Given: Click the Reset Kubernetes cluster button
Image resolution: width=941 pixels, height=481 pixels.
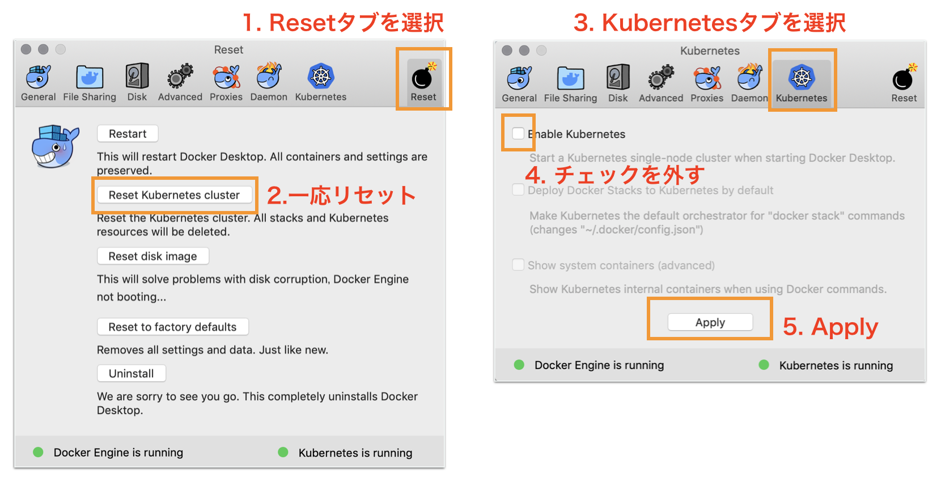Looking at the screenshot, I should pos(174,195).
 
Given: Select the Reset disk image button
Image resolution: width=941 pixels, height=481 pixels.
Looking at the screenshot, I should pos(152,256).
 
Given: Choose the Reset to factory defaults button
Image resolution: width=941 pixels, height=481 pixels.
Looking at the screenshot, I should pos(172,327).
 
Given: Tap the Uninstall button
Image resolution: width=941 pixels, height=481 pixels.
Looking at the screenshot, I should pos(131,374).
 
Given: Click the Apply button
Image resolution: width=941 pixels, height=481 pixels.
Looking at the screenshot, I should pos(710,322).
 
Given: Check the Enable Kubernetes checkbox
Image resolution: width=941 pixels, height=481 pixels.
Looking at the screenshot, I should pos(518,133).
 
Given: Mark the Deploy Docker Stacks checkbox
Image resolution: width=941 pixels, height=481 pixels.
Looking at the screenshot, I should pos(518,189).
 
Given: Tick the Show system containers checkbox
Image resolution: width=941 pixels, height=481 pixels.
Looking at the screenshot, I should pos(518,265).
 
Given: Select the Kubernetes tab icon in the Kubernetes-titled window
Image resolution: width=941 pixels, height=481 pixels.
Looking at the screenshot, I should pos(802,77).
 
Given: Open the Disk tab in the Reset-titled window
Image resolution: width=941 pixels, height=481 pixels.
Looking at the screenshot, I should pos(137,77).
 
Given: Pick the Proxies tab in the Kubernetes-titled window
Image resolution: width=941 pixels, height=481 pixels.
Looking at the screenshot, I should pos(706,78).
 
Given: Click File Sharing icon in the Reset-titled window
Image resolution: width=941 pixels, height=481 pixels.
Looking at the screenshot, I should pos(90,77).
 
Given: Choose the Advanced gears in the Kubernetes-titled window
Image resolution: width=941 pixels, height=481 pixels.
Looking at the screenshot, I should pos(661,78).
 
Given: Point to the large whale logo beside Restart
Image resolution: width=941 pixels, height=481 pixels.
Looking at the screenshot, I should pos(55,146).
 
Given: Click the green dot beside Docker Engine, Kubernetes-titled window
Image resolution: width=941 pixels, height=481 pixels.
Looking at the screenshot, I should pos(519,365).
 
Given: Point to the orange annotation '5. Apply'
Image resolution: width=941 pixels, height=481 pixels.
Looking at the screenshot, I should pos(830,327).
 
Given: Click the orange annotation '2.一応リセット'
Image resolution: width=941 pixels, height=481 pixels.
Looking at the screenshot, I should pos(341,196).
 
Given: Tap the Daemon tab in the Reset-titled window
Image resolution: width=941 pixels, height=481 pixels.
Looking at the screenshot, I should pos(269,77).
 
